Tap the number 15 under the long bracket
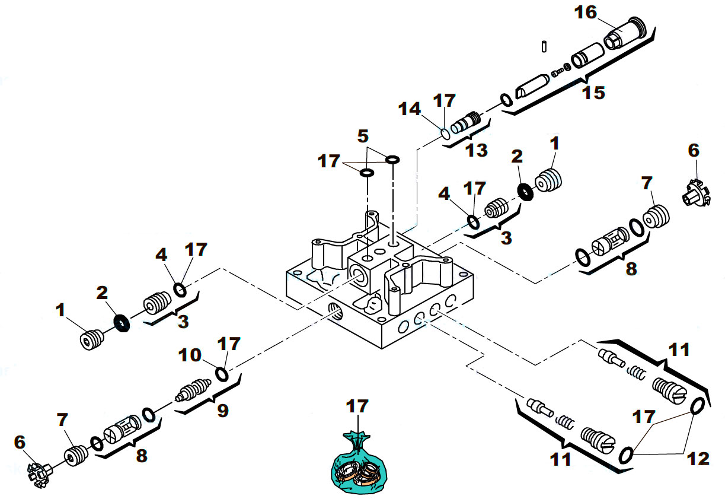(x=593, y=93)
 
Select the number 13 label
(x=475, y=150)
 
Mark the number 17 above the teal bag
(x=357, y=406)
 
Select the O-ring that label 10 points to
(x=222, y=375)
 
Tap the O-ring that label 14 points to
(x=445, y=134)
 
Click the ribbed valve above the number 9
(x=193, y=391)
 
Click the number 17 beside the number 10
(x=230, y=344)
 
